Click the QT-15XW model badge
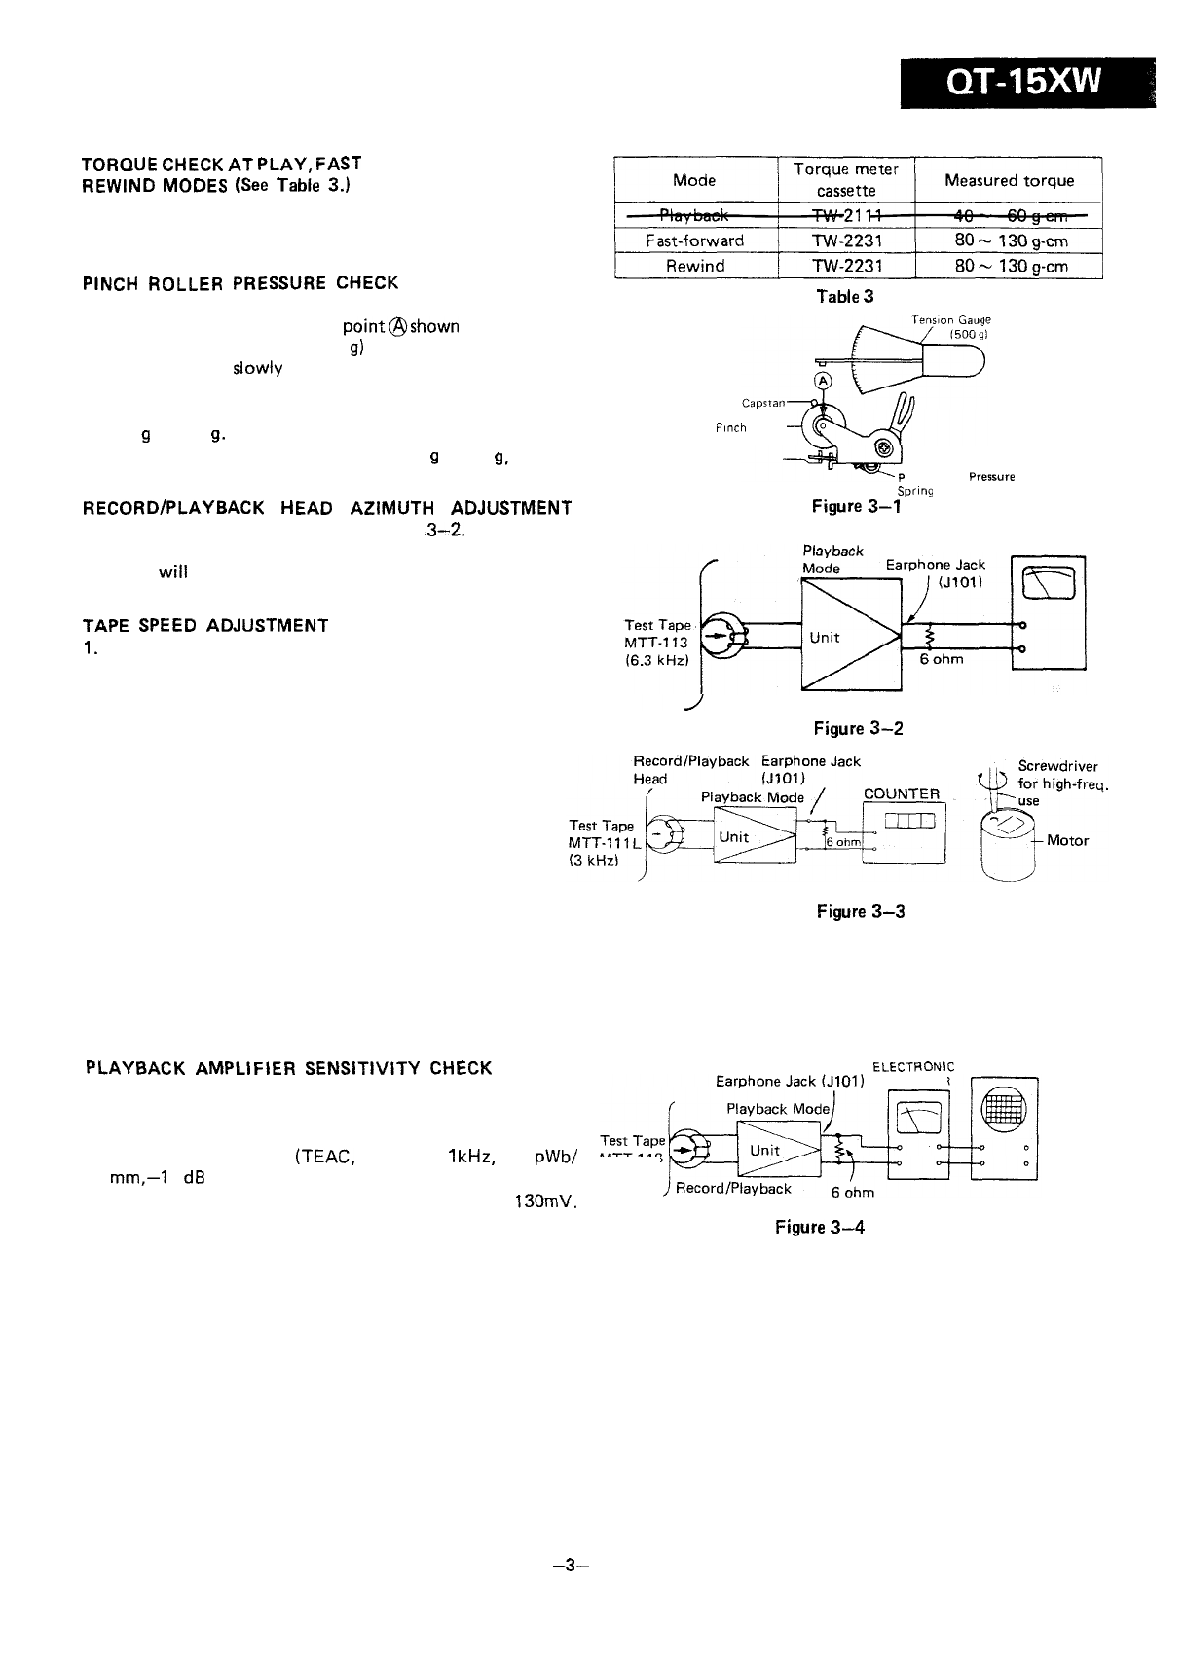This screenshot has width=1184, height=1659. [1027, 83]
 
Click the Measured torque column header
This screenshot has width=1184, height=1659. [1009, 180]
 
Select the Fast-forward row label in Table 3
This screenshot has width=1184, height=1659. [695, 240]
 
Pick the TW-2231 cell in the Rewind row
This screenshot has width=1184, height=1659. [847, 266]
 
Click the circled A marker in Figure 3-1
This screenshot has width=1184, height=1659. [823, 380]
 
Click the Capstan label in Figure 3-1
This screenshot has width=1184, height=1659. [763, 402]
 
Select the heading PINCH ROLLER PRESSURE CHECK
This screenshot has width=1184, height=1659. [240, 283]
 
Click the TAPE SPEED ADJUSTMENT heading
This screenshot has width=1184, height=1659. [205, 625]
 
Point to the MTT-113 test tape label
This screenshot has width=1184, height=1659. [655, 643]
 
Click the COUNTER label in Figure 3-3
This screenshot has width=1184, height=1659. [902, 793]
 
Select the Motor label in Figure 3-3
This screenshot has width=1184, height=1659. [1067, 840]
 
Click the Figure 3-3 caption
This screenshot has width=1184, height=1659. [861, 911]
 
